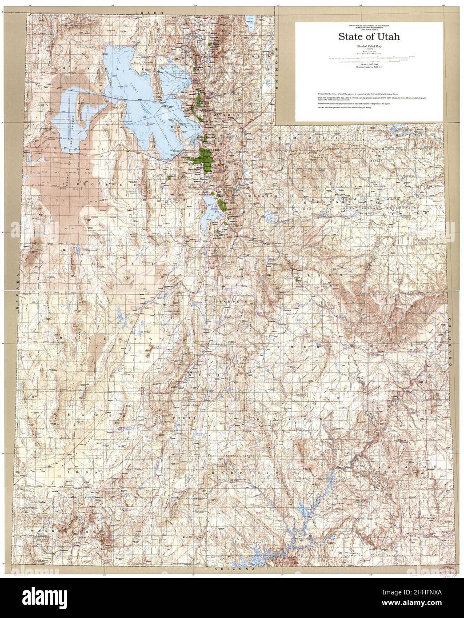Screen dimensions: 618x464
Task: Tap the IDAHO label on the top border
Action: (148, 13)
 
